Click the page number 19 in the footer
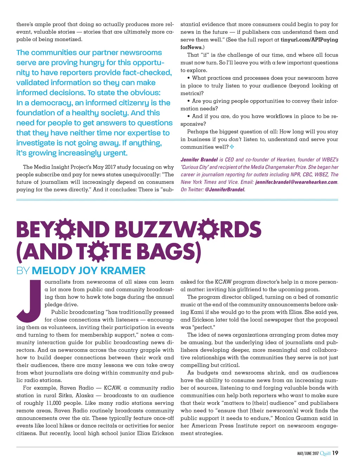[x=335, y=453]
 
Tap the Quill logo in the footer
[x=325, y=453]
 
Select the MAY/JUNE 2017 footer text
[x=308, y=454]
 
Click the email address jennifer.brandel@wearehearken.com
[x=296, y=182]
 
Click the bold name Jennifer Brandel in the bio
[x=199, y=160]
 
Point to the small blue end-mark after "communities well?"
[x=232, y=147]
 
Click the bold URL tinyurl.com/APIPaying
[x=309, y=40]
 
